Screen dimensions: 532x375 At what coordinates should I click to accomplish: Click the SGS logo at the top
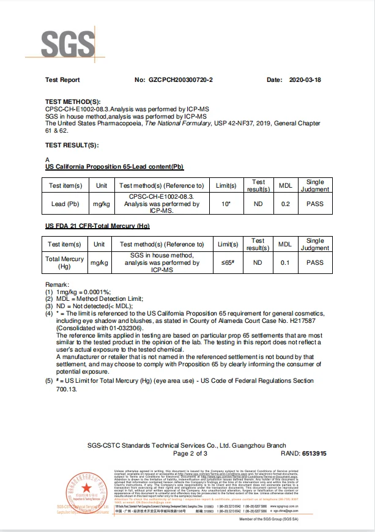69,43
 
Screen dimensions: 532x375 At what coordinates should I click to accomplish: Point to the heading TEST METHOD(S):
72,102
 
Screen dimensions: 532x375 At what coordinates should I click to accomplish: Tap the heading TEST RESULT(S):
72,145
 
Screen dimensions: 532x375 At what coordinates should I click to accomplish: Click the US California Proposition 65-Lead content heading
114,167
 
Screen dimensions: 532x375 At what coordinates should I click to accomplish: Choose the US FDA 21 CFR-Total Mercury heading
97,226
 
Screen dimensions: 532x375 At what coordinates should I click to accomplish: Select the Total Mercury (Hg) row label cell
65,263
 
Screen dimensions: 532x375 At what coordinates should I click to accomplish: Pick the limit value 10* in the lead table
226,204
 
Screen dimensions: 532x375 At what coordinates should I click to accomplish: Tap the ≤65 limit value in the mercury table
226,263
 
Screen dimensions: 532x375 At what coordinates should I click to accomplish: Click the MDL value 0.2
285,204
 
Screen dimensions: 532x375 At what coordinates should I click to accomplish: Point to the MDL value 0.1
285,263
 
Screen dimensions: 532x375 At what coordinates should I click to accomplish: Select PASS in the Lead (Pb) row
315,204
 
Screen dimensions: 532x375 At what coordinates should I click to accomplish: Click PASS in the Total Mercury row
315,263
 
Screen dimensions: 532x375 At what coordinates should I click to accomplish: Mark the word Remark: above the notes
58,286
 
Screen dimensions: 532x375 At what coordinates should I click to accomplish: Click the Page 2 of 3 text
190,454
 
